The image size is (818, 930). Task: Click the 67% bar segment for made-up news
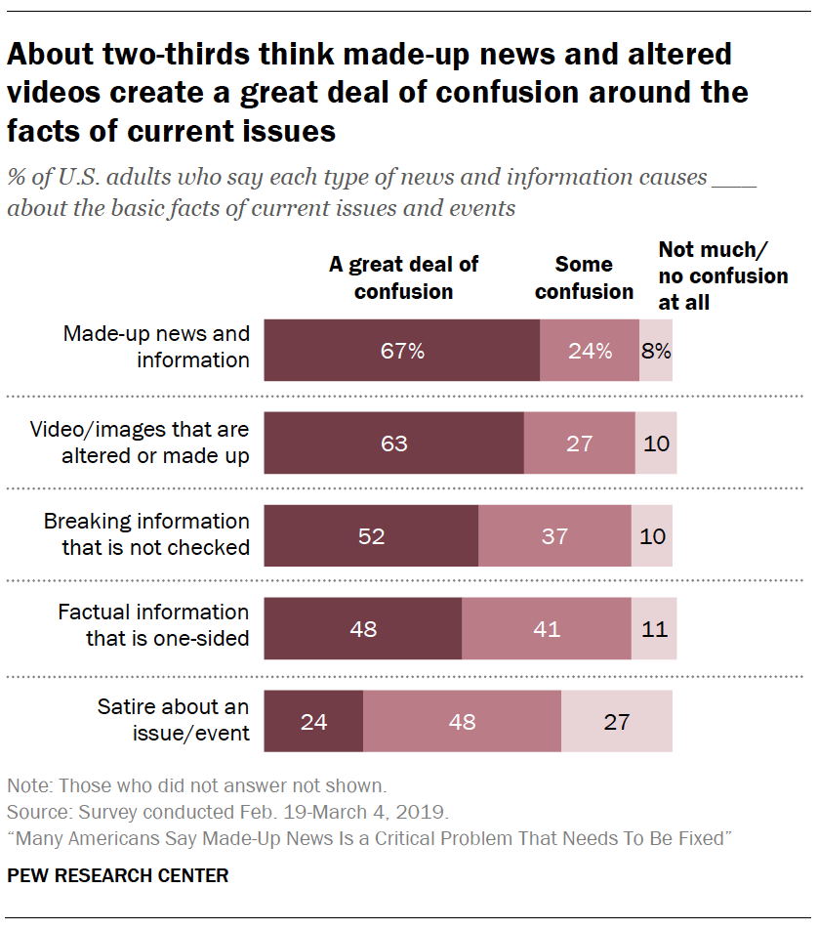coord(402,351)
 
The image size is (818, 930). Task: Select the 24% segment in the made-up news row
coord(590,351)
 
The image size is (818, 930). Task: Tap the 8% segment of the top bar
coord(656,351)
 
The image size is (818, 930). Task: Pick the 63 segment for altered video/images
coord(394,443)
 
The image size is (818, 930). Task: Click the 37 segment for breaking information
coord(554,536)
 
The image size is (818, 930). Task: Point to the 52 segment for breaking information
coord(372,536)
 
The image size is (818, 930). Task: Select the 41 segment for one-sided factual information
coord(547,629)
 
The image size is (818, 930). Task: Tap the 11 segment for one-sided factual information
coord(654,629)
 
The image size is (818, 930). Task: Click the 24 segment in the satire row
coord(313,722)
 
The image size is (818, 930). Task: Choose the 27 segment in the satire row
coord(617,722)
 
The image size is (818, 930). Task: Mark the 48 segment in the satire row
coord(462,722)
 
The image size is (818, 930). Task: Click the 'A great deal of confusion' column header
coord(403,277)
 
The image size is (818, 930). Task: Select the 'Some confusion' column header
coord(584,277)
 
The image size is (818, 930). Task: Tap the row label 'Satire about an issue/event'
coord(173,720)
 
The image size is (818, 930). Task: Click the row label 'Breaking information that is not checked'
coord(146,534)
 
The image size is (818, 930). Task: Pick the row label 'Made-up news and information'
coord(156,347)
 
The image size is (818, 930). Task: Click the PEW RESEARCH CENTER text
coord(118,875)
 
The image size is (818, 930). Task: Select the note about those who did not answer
coord(198,784)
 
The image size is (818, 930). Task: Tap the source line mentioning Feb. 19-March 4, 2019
coord(227,811)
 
